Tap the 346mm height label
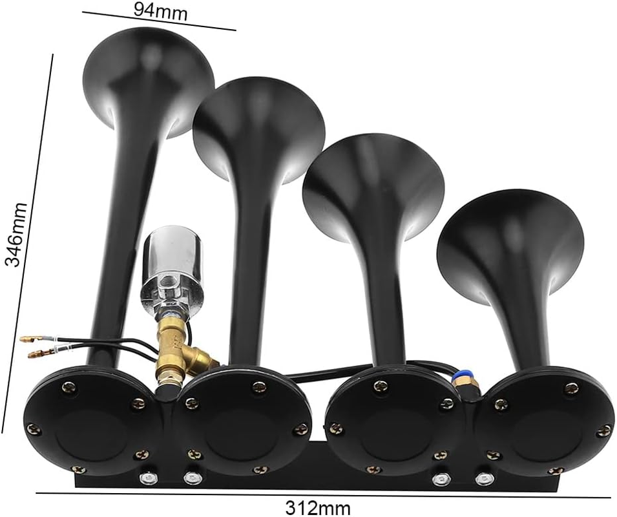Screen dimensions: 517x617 16,234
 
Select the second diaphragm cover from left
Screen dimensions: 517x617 242,423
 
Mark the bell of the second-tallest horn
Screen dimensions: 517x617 258,129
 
